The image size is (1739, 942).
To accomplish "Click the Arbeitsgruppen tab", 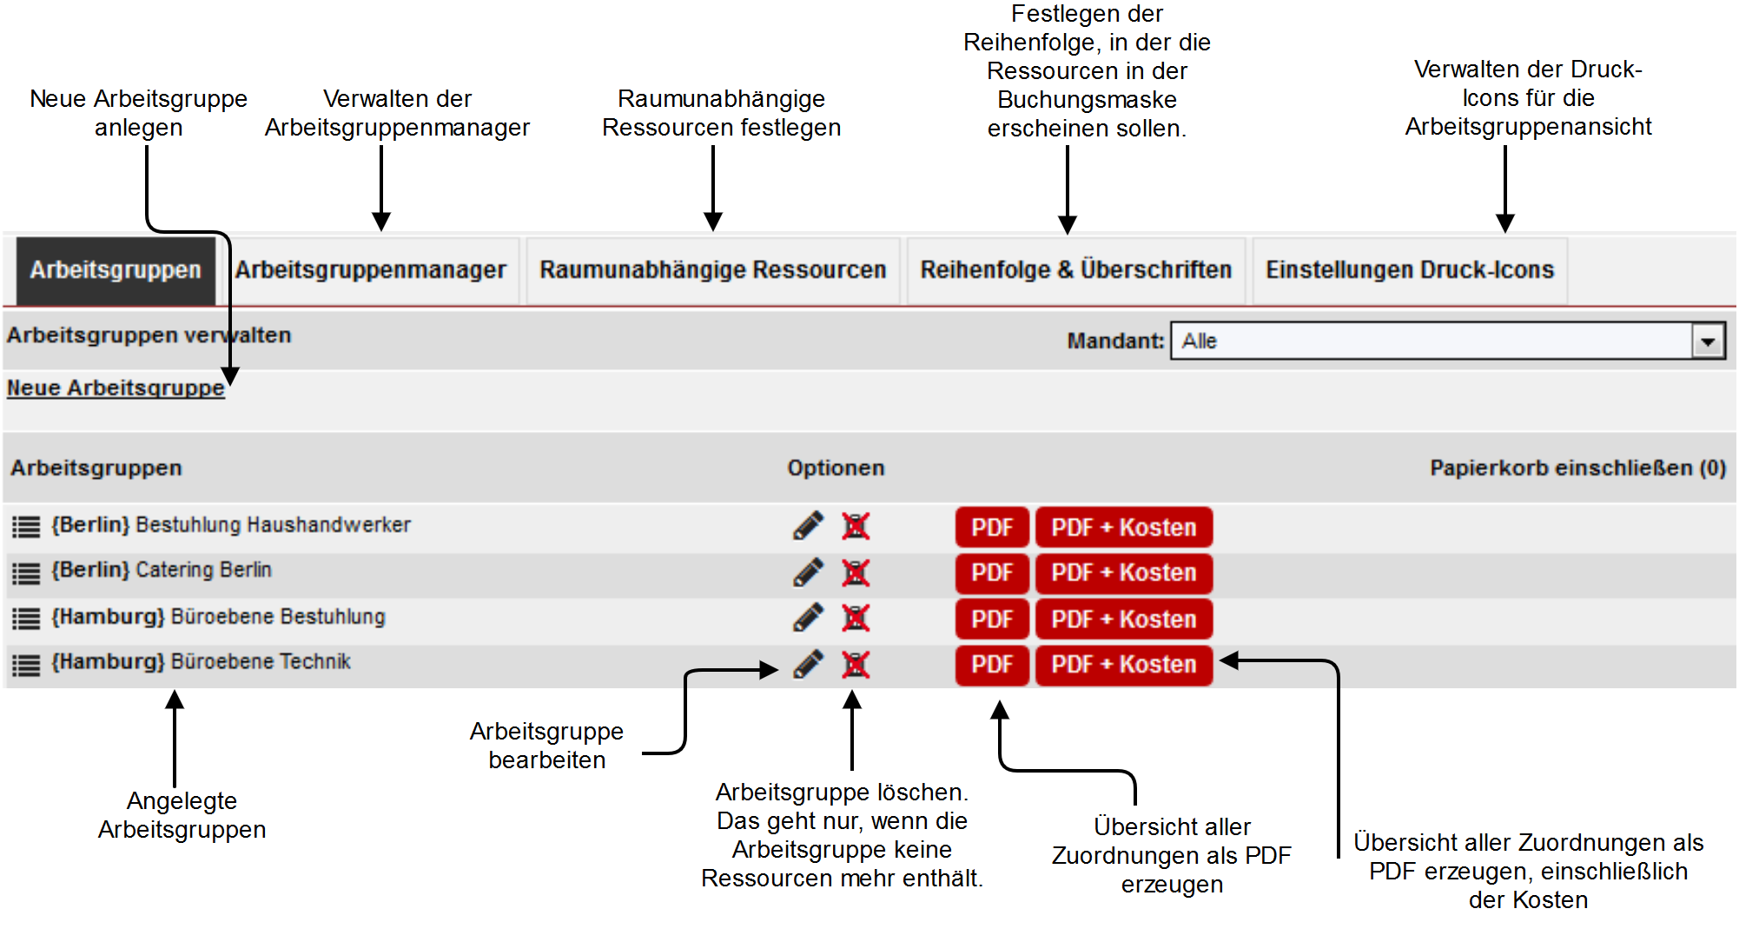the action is tap(116, 270).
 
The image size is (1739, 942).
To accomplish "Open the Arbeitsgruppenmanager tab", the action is tap(370, 270).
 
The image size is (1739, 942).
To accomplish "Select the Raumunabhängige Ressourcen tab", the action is tap(712, 270).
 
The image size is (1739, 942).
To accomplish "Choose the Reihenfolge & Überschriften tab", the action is tap(1076, 270).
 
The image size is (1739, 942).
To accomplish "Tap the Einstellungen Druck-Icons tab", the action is tap(1410, 270).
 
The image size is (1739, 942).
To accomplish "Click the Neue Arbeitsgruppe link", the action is tap(116, 388).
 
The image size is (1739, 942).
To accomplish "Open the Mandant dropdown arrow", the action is tap(1708, 342).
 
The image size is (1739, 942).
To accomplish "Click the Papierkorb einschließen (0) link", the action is tap(1577, 468).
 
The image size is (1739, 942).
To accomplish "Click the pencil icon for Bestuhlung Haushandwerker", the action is tap(808, 526).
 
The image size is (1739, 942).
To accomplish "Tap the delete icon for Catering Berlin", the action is tap(856, 573).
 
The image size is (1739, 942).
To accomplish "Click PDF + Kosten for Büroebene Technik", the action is tap(1124, 665).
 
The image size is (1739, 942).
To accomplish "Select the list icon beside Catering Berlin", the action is tap(26, 573).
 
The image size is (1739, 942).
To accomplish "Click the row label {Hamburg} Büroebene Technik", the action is tap(201, 662).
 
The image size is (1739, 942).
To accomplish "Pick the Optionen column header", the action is tap(836, 468).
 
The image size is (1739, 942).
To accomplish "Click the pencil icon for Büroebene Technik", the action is tap(808, 665).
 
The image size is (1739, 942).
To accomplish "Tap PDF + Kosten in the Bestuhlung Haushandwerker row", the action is tap(1124, 527).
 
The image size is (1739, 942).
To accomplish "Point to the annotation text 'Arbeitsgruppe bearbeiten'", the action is tap(547, 746).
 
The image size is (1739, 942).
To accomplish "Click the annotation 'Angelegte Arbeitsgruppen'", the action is tap(182, 815).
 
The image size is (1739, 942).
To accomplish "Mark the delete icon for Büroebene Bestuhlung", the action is tap(856, 619).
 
